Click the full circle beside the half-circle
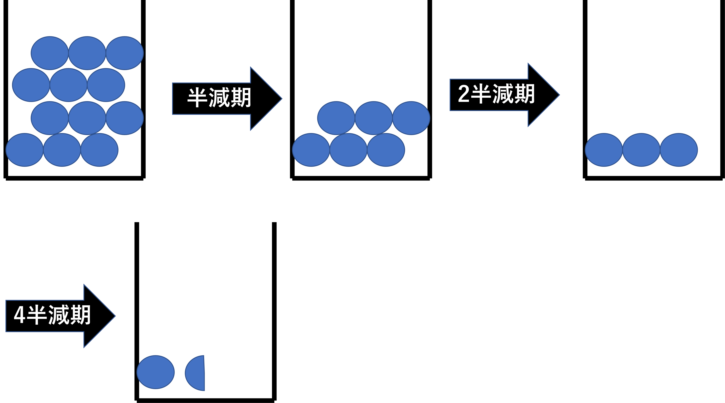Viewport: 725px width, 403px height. point(156,372)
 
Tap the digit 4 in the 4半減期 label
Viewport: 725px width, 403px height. point(19,315)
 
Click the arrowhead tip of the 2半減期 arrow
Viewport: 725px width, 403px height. point(559,95)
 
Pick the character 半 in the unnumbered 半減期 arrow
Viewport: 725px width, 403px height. point(197,98)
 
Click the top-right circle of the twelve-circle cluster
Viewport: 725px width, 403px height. point(125,53)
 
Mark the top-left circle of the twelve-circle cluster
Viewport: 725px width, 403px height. point(50,53)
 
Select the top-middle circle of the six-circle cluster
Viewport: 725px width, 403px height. point(374,118)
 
